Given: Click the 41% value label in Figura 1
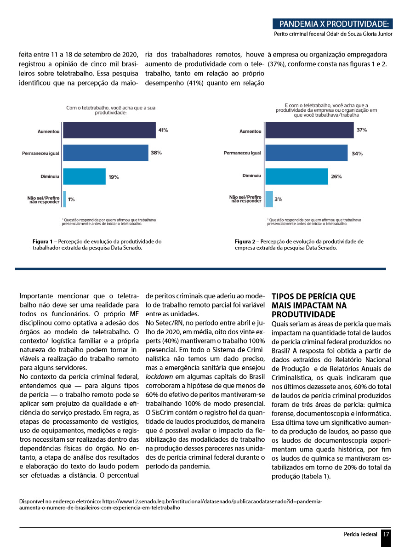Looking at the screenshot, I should pyautogui.click(x=163, y=130).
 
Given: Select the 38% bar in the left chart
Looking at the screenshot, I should pyautogui.click(x=105, y=153).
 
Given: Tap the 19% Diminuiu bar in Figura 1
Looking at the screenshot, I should pyautogui.click(x=84, y=176).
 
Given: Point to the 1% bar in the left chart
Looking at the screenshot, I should pyautogui.click(x=64, y=199).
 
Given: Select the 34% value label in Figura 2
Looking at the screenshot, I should pyautogui.click(x=357, y=154).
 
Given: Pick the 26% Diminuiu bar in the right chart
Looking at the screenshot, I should pyautogui.click(x=296, y=176).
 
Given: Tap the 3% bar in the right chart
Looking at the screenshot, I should pyautogui.click(x=269, y=199).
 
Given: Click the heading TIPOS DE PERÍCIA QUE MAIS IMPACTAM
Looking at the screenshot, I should pyautogui.click(x=313, y=305).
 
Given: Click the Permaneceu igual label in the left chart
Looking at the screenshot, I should pyautogui.click(x=40, y=153).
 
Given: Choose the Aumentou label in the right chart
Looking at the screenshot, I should pyautogui.click(x=251, y=131).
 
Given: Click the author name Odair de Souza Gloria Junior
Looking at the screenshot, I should pyautogui.click(x=357, y=34).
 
